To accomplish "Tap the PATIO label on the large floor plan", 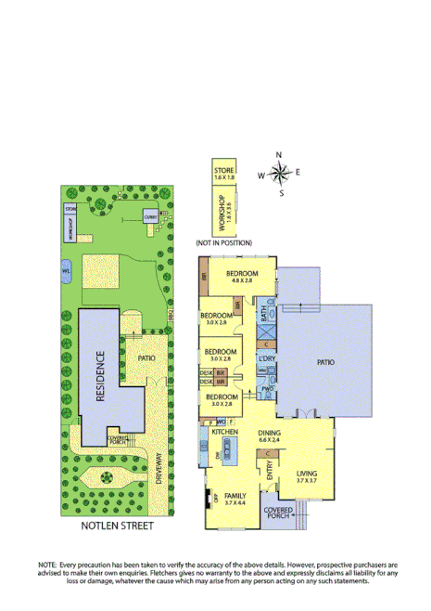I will (x=324, y=362).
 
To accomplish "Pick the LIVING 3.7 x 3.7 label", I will (x=307, y=476).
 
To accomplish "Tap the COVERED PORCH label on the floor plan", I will (x=278, y=513).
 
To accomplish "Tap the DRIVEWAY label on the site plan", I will (x=158, y=468).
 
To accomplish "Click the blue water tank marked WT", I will (x=67, y=270).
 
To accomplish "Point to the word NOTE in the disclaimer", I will (x=47, y=565).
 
